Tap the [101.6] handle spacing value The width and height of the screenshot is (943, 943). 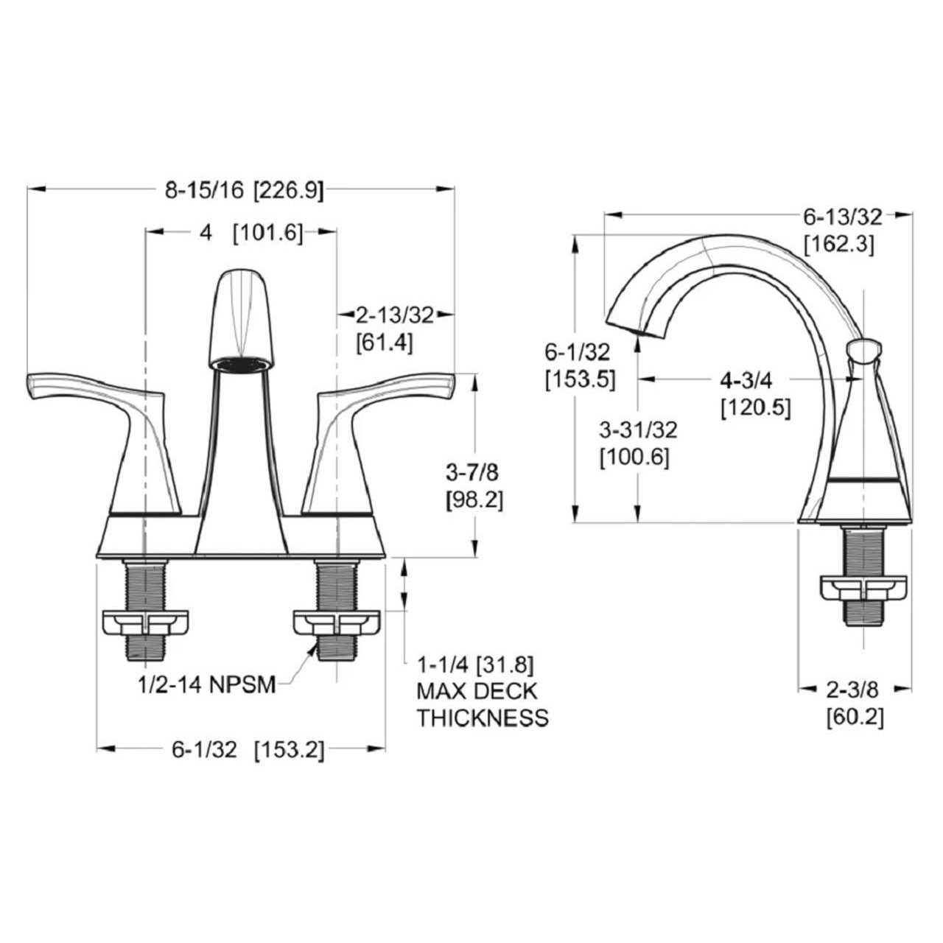click(267, 233)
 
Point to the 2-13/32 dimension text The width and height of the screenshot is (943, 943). click(394, 315)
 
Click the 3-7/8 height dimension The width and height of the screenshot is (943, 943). click(473, 471)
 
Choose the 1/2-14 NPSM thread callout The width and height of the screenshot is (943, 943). click(206, 685)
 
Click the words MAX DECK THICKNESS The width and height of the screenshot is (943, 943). click(482, 704)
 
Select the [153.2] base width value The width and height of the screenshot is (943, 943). click(288, 750)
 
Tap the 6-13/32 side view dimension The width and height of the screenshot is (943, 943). click(841, 217)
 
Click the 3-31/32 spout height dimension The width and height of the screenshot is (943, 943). click(638, 429)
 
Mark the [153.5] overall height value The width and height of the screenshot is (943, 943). click(580, 379)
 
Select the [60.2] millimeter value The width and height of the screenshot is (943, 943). click(855, 715)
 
